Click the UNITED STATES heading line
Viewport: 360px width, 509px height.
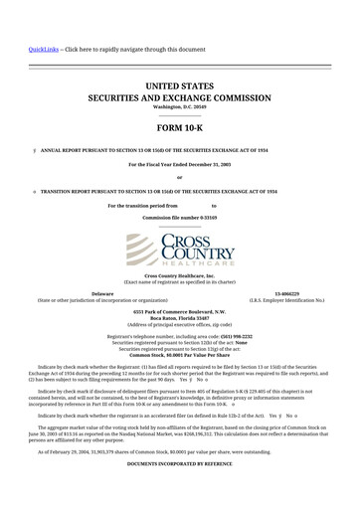(179, 88)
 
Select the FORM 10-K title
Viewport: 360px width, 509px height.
(179, 129)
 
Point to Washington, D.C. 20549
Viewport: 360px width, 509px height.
(179, 107)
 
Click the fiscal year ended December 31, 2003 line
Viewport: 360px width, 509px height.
(179, 162)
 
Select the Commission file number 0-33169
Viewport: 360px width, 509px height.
(179, 216)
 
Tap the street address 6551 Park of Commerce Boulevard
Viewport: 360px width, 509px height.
(179, 311)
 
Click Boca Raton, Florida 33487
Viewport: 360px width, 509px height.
(179, 318)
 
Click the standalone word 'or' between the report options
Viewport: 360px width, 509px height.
(179, 177)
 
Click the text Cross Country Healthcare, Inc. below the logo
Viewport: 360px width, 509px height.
(179, 274)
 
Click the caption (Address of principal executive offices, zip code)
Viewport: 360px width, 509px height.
(179, 325)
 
